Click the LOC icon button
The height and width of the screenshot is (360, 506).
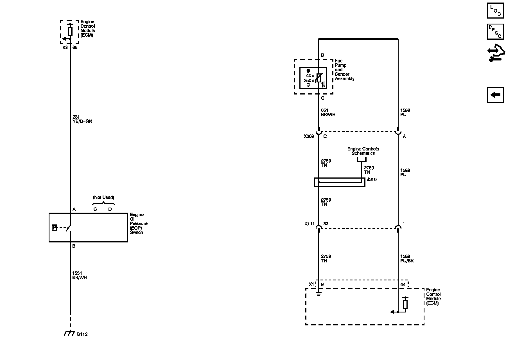coord(495,11)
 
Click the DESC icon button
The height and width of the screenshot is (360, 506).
coord(495,31)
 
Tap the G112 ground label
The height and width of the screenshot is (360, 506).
coord(82,334)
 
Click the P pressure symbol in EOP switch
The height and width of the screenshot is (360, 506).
coord(55,228)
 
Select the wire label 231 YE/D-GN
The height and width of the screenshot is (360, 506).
coord(82,119)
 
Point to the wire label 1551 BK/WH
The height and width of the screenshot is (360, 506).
coord(80,275)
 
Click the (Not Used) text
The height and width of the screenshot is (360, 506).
coord(103,197)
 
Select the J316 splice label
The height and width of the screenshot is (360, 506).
coord(372,179)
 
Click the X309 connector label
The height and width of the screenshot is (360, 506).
coord(309,137)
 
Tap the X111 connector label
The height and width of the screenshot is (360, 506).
coord(309,224)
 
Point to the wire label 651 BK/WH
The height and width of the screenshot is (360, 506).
coord(328,112)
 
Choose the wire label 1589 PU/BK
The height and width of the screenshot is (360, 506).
coord(407,258)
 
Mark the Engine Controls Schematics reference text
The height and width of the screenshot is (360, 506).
coord(363,151)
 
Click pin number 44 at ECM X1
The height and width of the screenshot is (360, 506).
coord(403,284)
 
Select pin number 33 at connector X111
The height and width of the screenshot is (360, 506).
coord(326,224)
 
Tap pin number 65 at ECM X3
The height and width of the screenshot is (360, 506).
coord(75,48)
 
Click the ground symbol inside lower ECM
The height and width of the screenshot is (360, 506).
coord(318,294)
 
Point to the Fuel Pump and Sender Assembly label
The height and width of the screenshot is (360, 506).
coord(344,70)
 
